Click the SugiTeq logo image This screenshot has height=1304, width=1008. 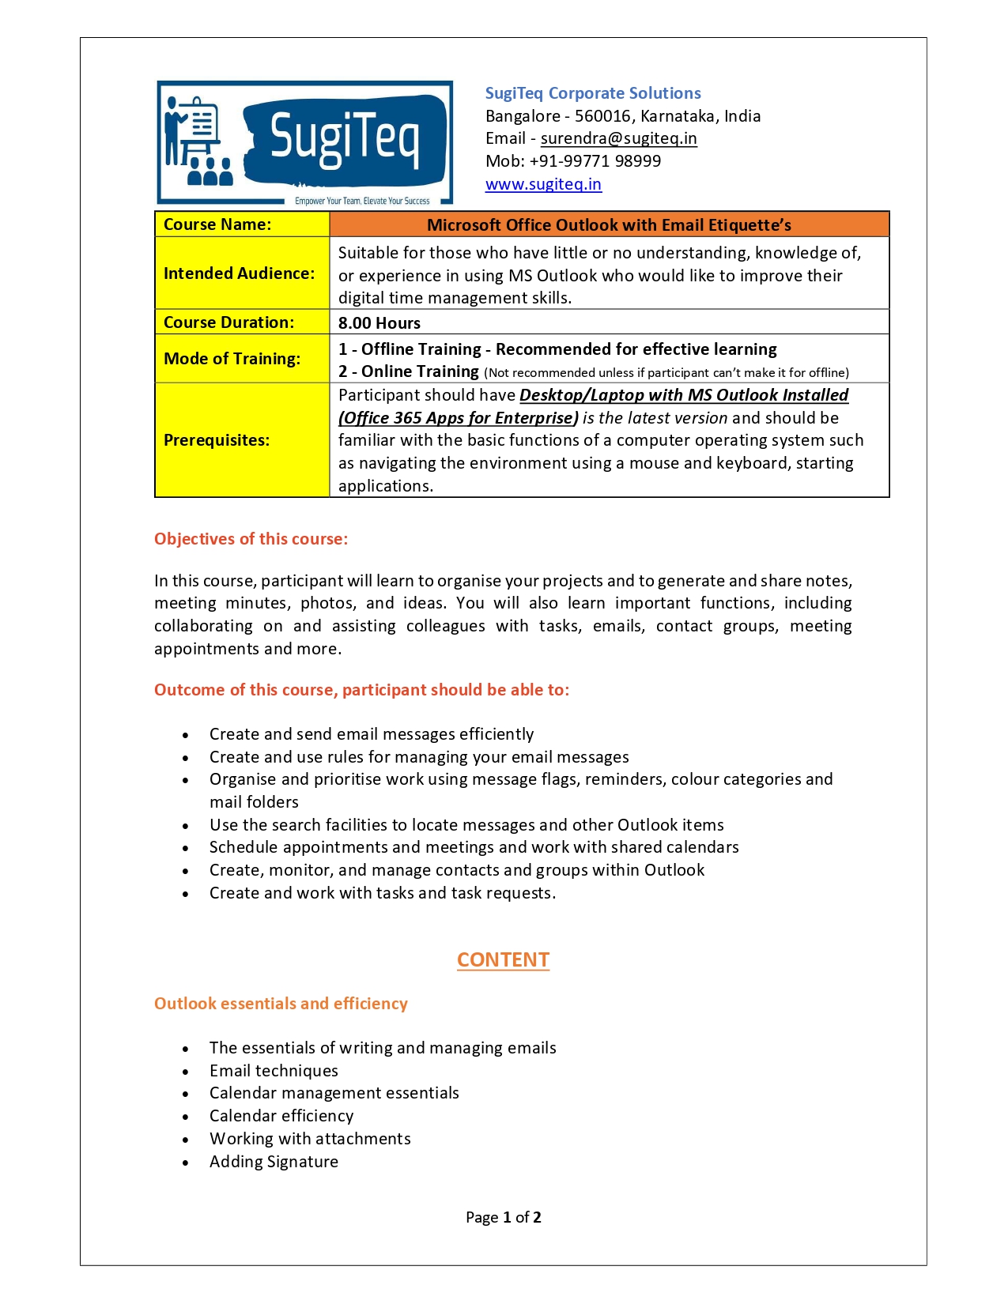coord(304,143)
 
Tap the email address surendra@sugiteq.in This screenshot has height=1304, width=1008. coord(618,139)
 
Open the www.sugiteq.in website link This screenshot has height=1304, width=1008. coord(543,185)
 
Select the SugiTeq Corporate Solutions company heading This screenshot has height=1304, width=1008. coord(593,93)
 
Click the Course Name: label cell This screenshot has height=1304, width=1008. coord(217,224)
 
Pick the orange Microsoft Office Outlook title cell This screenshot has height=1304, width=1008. coord(609,225)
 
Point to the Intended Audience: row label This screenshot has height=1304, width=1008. coord(239,273)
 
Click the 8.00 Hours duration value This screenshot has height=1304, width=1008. coord(379,323)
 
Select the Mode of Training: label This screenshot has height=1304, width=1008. coord(232,359)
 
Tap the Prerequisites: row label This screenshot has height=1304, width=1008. coord(217,440)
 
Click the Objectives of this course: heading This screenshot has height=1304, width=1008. coord(251,539)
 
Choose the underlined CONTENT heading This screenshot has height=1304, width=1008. coord(503,960)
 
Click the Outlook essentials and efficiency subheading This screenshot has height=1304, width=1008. coord(281,1004)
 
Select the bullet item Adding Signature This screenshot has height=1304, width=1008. coord(274,1162)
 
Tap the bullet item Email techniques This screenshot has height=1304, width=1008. coord(274,1071)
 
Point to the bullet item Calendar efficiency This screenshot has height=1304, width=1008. coord(281,1116)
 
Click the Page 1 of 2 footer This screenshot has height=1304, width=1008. coord(503,1218)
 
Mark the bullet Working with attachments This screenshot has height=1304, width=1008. coord(310,1139)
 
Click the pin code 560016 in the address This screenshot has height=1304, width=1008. coord(603,116)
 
